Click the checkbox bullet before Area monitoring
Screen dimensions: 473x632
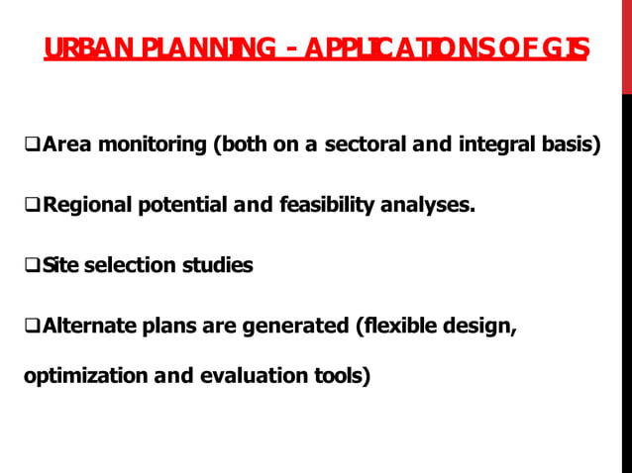click(32, 146)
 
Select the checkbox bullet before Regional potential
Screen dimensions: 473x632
click(32, 207)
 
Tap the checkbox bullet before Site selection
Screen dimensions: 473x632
click(32, 266)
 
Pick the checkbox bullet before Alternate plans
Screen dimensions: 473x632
click(32, 326)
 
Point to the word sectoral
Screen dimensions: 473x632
click(365, 146)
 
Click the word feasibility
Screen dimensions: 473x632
click(332, 206)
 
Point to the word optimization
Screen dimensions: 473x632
click(81, 376)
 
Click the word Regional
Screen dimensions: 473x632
click(84, 206)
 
